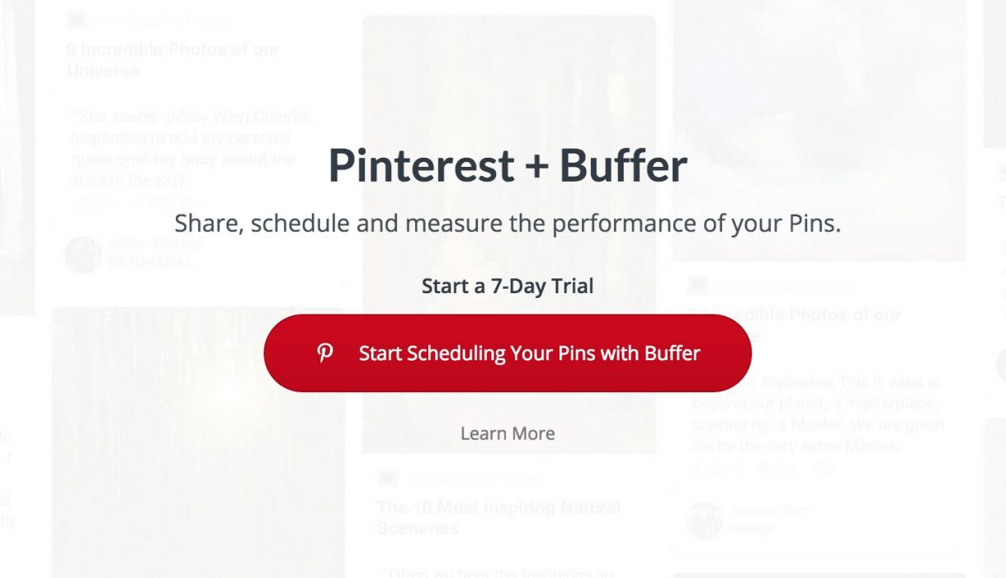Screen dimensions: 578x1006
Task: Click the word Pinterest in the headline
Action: tap(421, 166)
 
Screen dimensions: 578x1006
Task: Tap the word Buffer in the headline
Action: tap(623, 166)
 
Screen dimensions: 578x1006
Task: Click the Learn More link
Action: tap(508, 433)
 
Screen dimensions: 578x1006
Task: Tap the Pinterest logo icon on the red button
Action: tap(325, 353)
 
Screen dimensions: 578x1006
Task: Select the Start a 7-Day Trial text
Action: tap(508, 287)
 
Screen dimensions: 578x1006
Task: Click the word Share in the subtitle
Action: tap(207, 224)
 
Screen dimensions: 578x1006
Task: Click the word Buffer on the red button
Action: tap(672, 353)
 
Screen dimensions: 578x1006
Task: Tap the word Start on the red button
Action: tap(380, 353)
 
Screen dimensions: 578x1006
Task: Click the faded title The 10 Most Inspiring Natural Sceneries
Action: tap(498, 517)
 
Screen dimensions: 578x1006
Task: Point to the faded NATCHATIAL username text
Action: tap(150, 263)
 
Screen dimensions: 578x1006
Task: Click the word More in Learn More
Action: tap(533, 433)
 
